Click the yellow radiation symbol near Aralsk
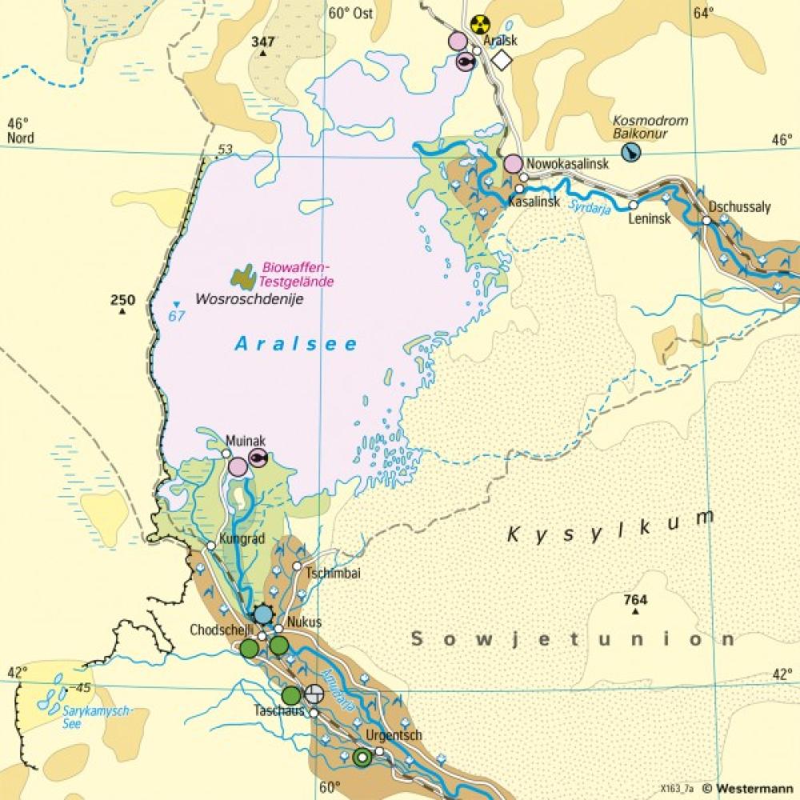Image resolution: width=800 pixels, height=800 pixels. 480,24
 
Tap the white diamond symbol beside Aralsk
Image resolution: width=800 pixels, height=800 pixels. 502,60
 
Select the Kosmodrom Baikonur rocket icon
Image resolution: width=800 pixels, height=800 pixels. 632,153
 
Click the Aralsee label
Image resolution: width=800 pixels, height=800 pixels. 296,344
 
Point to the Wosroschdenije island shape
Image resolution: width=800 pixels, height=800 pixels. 244,277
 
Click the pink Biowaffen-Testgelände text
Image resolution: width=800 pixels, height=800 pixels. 298,274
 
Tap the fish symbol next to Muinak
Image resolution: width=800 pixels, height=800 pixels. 258,457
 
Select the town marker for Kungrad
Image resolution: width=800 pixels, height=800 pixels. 210,546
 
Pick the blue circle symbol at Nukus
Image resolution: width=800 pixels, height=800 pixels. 263,614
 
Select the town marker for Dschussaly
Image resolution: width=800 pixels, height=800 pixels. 707,220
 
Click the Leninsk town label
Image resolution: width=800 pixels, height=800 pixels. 649,218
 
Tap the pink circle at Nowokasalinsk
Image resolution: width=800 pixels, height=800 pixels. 513,164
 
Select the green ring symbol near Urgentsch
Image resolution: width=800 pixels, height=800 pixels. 362,757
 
